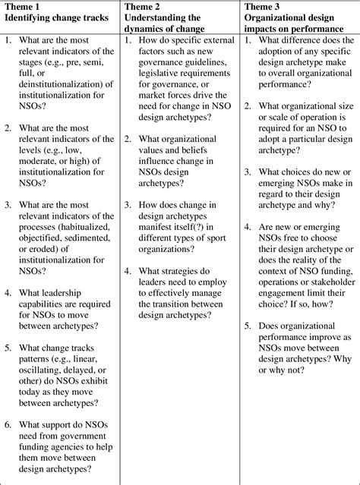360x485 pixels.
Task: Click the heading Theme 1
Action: (x=22, y=6)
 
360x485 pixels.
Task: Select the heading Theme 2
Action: (x=144, y=6)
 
